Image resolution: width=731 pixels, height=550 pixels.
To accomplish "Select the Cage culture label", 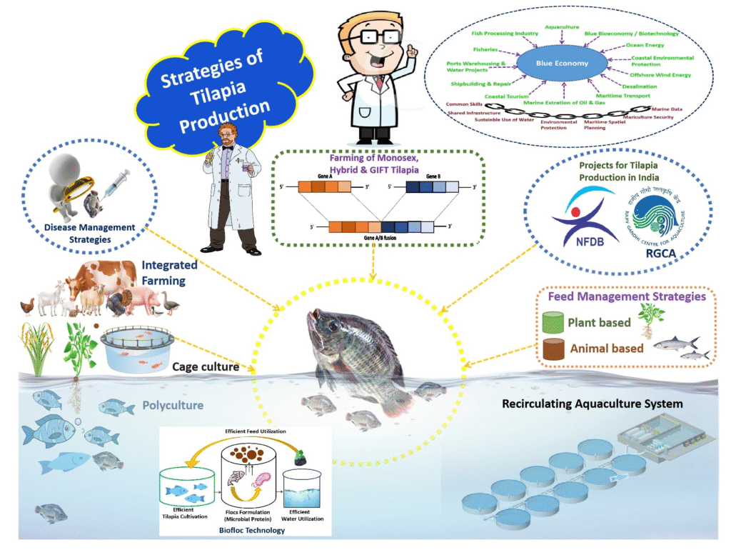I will tap(205, 367).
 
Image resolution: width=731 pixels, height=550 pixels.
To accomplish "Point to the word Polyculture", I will tap(172, 406).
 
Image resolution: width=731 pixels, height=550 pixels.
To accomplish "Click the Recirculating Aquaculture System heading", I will tap(593, 404).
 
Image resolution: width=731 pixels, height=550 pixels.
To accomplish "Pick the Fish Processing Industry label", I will tap(505, 34).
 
